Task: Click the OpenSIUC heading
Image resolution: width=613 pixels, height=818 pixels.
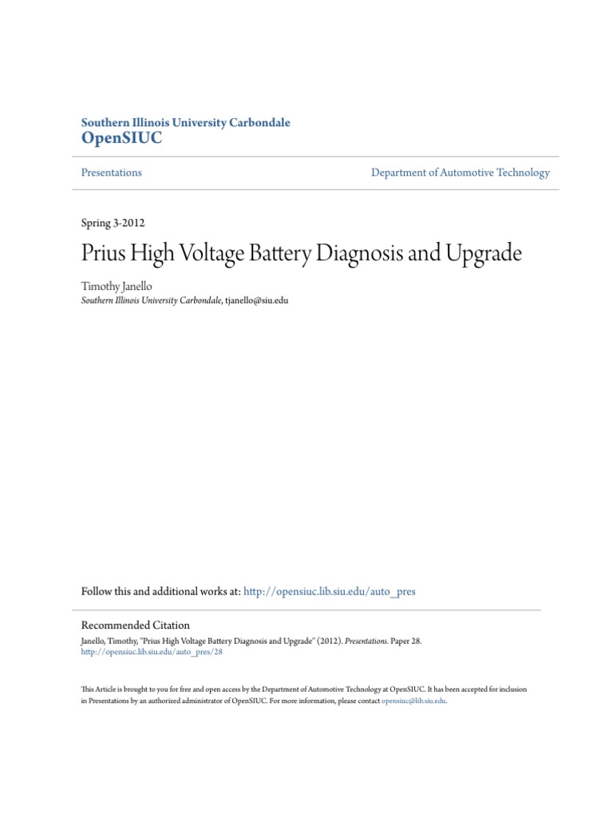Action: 121,138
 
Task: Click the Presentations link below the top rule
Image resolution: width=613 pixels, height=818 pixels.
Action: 112,173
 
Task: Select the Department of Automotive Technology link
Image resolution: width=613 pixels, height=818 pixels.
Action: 461,173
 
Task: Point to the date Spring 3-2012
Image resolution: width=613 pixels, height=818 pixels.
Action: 113,223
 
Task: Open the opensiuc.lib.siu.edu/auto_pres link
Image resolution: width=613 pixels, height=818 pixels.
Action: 329,592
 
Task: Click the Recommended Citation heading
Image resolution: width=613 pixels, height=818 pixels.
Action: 136,625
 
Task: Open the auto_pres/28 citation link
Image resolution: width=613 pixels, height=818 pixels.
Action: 152,652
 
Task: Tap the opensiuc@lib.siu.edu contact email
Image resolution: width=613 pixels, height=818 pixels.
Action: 413,700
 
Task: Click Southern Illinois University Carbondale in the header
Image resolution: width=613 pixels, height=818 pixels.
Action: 186,122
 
